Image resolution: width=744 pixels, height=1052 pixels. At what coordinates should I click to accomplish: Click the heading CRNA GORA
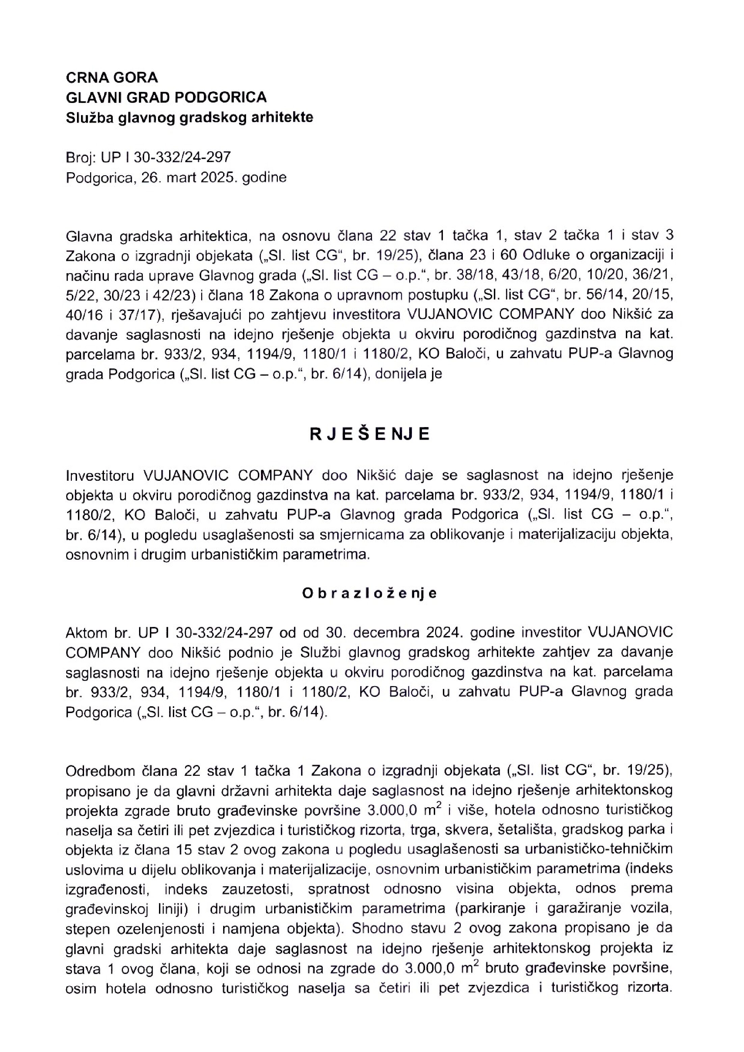tap(112, 77)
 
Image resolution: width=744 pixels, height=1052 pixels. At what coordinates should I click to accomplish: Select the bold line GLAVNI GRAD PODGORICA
tap(166, 97)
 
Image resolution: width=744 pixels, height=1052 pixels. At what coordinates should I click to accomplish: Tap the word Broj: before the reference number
tap(79, 157)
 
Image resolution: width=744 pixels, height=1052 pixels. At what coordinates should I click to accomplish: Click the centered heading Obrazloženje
tap(370, 594)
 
